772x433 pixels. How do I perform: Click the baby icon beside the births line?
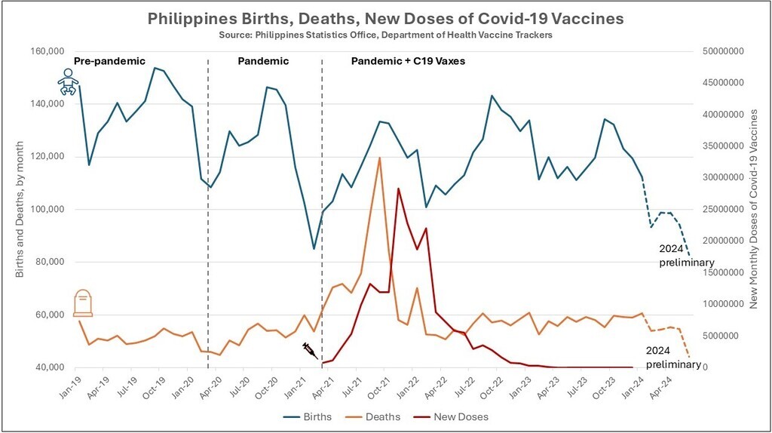(x=69, y=81)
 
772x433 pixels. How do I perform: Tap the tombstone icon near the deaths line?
(x=83, y=303)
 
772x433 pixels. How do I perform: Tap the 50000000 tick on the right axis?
(x=719, y=51)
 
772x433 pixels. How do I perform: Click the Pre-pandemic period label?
(x=109, y=60)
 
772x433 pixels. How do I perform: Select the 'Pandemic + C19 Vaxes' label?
(x=408, y=60)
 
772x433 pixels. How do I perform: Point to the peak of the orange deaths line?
(x=379, y=158)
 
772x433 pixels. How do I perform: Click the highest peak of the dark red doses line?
(x=398, y=189)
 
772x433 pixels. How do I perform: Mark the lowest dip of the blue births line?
(x=314, y=248)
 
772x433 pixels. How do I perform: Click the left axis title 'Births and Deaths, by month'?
(x=20, y=209)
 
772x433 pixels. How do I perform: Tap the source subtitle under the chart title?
(x=385, y=34)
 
